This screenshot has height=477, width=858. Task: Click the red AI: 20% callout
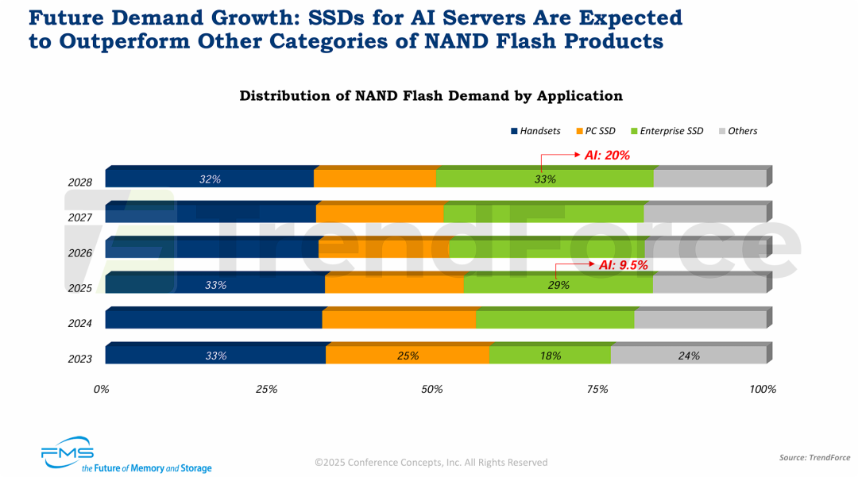(x=607, y=156)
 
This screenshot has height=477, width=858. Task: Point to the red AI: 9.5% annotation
(x=624, y=266)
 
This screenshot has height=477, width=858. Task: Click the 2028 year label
(x=80, y=182)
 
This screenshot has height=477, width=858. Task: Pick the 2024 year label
(x=80, y=323)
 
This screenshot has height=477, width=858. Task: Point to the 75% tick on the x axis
(x=597, y=389)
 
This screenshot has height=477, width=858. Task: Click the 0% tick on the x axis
(x=101, y=389)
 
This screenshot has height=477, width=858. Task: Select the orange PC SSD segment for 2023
(x=407, y=356)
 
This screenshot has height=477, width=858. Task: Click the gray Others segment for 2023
(x=688, y=356)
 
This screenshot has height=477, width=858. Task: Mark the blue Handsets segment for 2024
(x=213, y=320)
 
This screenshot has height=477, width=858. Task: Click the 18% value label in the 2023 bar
(x=551, y=356)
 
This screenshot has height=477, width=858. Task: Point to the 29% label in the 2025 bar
(x=558, y=284)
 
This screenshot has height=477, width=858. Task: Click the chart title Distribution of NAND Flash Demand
(x=431, y=96)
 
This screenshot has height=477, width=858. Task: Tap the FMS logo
(x=68, y=453)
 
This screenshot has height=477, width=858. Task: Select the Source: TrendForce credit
(x=814, y=457)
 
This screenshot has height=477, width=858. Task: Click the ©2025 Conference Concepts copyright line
(x=431, y=462)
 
